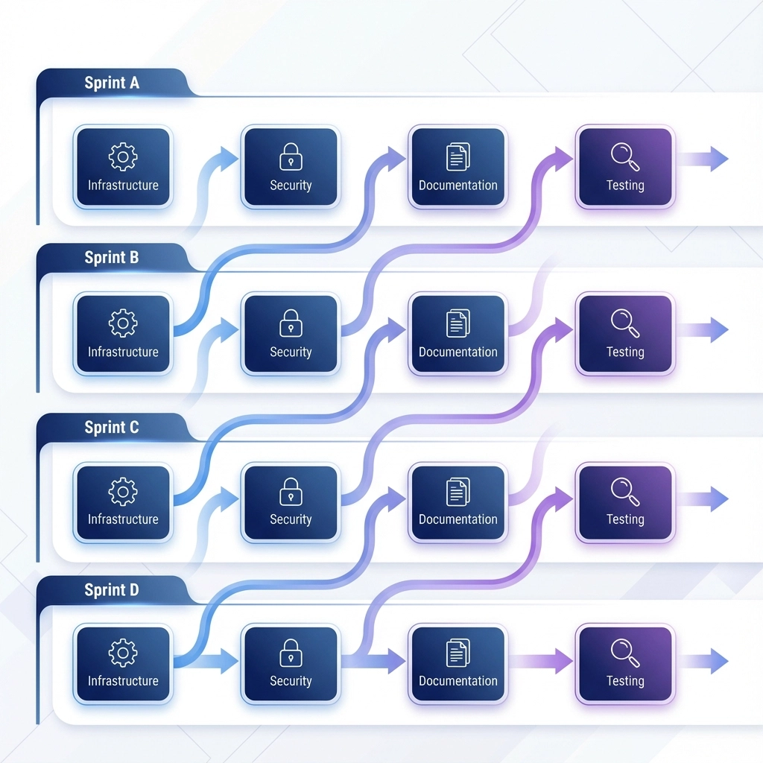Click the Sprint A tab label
112,83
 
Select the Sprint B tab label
112,258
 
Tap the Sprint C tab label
112,428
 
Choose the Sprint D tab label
112,590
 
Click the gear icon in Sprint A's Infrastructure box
123,157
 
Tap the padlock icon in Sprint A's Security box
291,157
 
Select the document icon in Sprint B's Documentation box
458,323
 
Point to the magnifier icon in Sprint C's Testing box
624,490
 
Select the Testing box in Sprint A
625,166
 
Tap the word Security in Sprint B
291,352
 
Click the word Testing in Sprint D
625,681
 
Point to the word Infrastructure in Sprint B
123,352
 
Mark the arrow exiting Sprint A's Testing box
703,159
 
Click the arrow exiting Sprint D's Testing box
703,660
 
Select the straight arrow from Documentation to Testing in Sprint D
541,660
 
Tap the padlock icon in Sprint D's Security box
291,653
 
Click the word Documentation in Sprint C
458,519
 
